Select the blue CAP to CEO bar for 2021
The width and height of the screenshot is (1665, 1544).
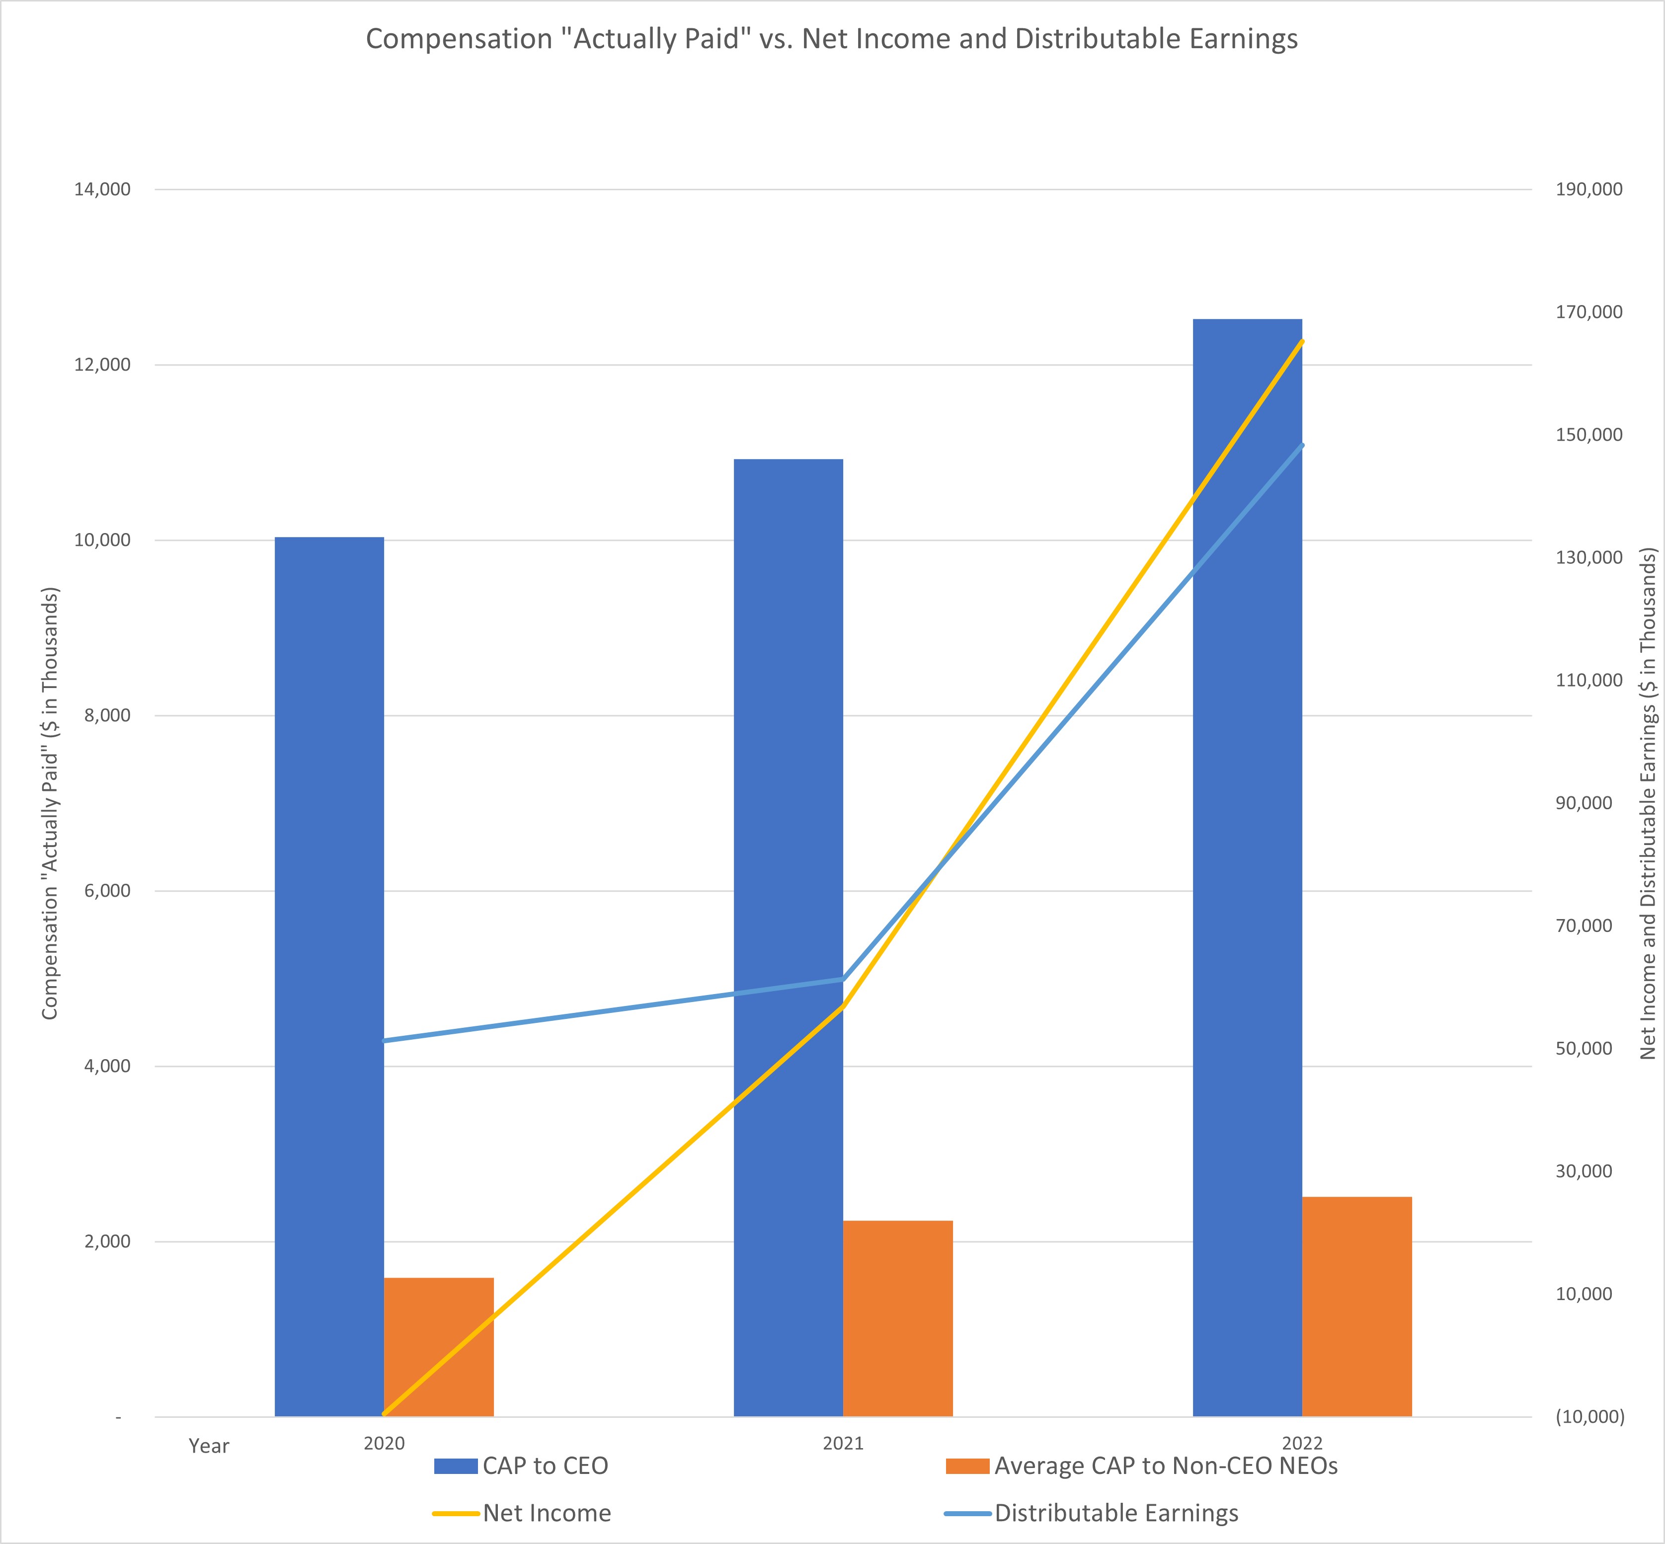coord(789,938)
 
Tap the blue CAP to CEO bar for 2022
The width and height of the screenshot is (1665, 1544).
coord(1247,868)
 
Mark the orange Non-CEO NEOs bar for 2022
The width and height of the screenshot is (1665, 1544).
coord(1357,1307)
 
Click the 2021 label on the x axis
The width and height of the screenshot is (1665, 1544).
coord(843,1443)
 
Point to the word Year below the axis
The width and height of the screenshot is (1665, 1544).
coord(209,1446)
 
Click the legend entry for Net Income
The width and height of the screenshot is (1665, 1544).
coord(522,1513)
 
